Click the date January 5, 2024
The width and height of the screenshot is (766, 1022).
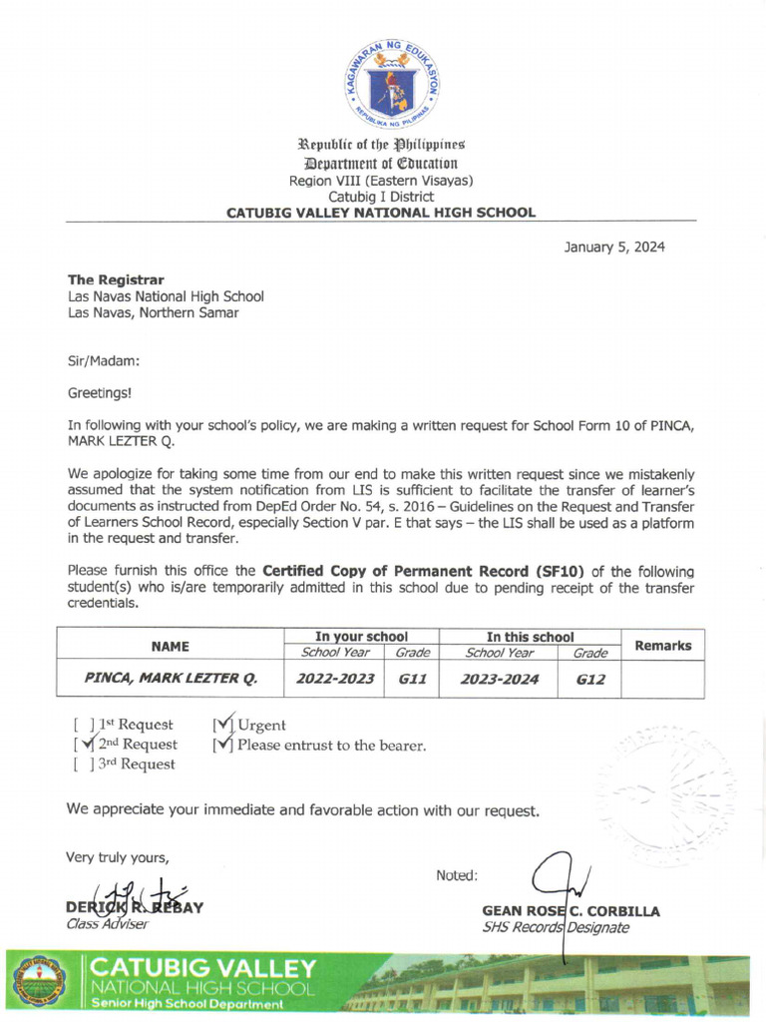(x=614, y=248)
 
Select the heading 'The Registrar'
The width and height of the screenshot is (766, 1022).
(x=116, y=279)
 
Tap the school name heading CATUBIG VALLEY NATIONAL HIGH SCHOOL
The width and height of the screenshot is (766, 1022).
(x=381, y=213)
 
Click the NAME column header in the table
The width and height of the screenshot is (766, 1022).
(x=171, y=646)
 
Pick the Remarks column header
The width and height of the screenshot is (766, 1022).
(x=662, y=646)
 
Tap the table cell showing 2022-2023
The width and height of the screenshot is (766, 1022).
(x=335, y=680)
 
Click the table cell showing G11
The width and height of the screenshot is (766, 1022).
(x=412, y=680)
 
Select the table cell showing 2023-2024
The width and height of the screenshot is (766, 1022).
(x=499, y=680)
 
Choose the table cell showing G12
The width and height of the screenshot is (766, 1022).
(x=590, y=680)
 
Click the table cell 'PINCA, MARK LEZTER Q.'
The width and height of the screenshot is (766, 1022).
(x=171, y=680)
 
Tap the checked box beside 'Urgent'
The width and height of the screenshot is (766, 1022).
(x=223, y=725)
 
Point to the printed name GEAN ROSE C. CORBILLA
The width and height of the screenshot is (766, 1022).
(x=571, y=911)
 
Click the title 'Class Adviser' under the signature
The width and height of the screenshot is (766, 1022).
(x=107, y=924)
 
